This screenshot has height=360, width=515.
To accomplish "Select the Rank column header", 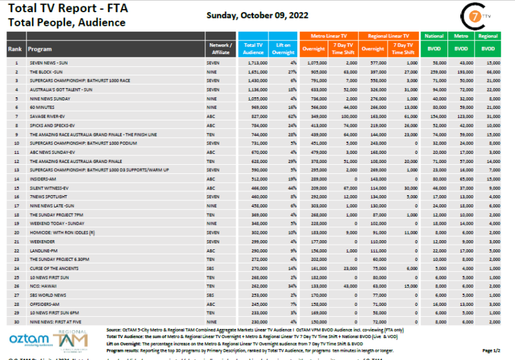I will click(15, 49).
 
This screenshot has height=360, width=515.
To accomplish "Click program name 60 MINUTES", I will click(41, 107).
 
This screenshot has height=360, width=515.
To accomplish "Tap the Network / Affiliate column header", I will click(221, 49).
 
